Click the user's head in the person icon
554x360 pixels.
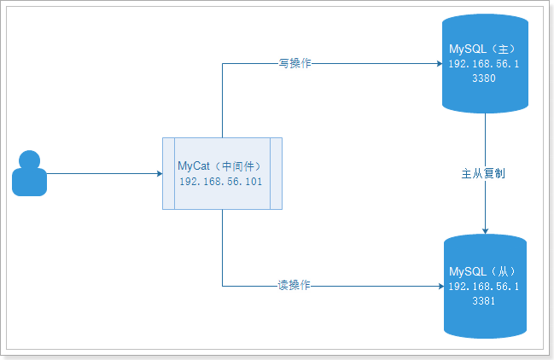[x=29, y=160]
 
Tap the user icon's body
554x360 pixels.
[x=29, y=182]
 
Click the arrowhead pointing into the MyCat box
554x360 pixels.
[x=160, y=173]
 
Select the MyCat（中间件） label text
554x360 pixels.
[x=219, y=165]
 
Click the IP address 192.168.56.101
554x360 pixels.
[x=221, y=182]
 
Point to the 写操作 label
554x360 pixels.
[x=294, y=63]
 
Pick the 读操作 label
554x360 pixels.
[x=294, y=285]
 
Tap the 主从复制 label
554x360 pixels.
[x=483, y=174]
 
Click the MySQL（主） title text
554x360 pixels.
[x=482, y=49]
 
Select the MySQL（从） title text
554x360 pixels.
[x=482, y=271]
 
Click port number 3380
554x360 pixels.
[x=484, y=78]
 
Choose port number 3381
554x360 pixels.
[x=484, y=300]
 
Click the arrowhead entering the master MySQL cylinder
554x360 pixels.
[x=440, y=63]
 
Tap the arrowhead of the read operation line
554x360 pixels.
[x=441, y=286]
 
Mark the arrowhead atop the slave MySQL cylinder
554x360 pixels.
[x=485, y=231]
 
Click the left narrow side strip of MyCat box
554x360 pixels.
[x=168, y=174]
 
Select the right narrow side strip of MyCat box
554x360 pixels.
[x=277, y=174]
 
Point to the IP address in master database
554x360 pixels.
[x=484, y=63]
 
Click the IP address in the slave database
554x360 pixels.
[x=484, y=287]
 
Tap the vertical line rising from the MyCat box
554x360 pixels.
[x=222, y=101]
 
